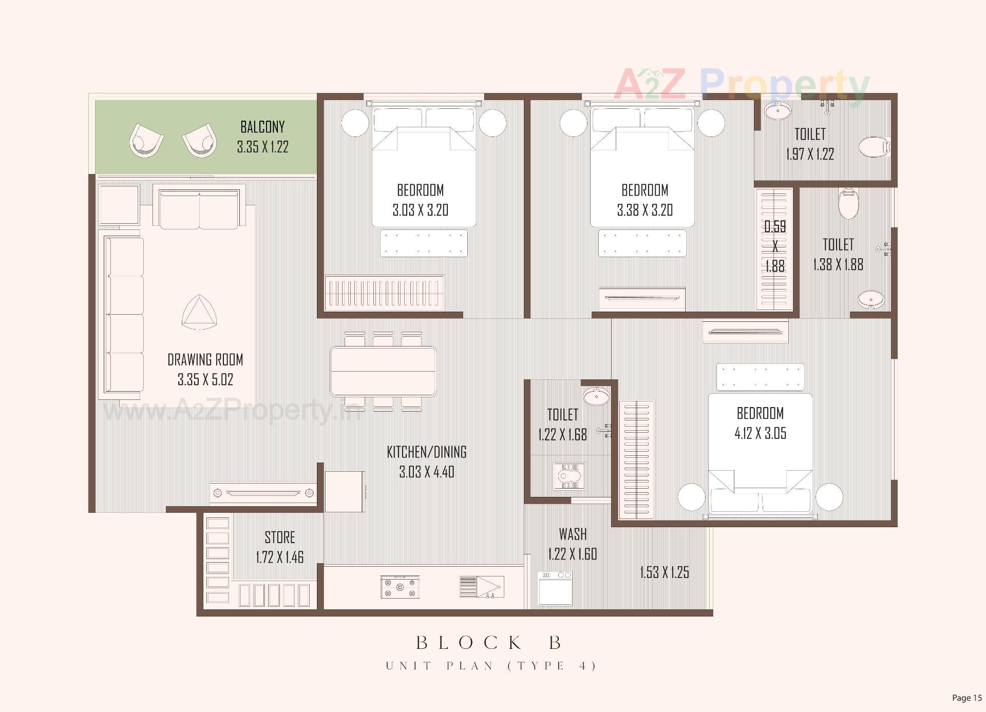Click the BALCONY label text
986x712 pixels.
(x=262, y=127)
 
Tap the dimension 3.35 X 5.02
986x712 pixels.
(x=205, y=379)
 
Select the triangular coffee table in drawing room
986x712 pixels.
(x=199, y=313)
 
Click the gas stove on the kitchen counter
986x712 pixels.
(x=400, y=587)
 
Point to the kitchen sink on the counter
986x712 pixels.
(x=481, y=587)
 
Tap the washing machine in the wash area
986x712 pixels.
(x=555, y=588)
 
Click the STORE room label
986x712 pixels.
(x=280, y=537)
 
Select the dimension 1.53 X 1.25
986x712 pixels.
(x=664, y=572)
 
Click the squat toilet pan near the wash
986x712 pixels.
(x=570, y=476)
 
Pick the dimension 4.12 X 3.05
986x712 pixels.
(x=760, y=433)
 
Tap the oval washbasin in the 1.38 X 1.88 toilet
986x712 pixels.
(x=871, y=299)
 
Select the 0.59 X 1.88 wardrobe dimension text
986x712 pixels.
(x=775, y=246)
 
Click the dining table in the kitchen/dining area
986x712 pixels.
(x=383, y=371)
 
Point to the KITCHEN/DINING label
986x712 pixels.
(x=426, y=452)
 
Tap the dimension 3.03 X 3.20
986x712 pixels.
(x=420, y=210)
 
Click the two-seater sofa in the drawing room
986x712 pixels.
(x=199, y=210)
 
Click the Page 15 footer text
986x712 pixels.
(x=966, y=698)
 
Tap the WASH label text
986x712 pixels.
(x=573, y=534)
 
